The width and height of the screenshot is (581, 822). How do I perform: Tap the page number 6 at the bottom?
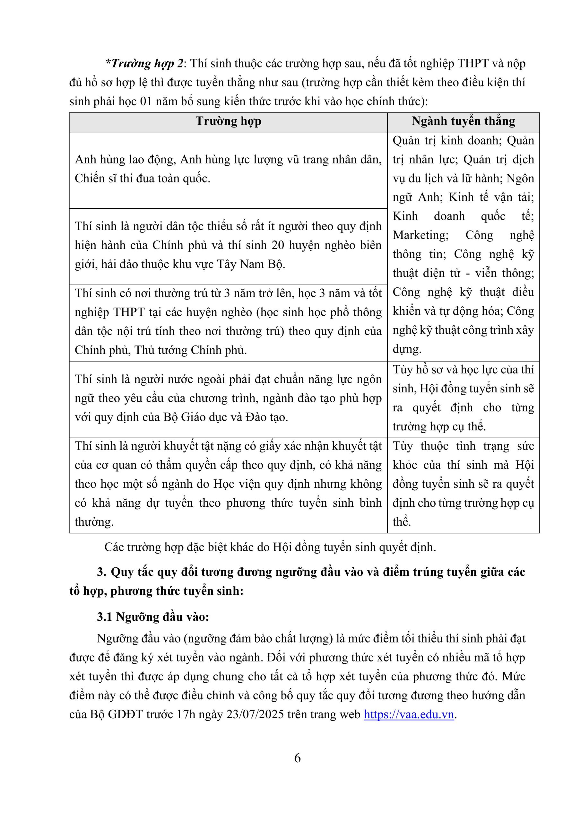[x=297, y=758]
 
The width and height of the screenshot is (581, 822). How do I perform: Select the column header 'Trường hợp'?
[x=229, y=121]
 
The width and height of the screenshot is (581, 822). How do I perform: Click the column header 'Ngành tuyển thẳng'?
[x=463, y=121]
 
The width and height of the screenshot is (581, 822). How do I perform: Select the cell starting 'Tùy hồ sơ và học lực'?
[x=463, y=398]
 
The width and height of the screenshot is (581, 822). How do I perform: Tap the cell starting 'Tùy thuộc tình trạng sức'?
[x=463, y=484]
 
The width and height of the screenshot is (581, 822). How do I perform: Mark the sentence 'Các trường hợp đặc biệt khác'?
[x=270, y=547]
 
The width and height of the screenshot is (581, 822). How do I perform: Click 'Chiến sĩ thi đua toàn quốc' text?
[x=142, y=178]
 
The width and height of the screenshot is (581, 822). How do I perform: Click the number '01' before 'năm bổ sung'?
[x=146, y=102]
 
